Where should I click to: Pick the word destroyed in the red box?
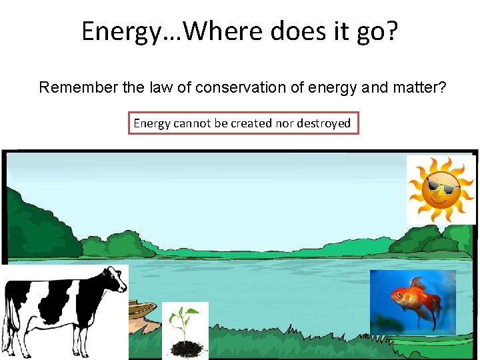coord(323,123)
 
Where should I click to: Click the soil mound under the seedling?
coord(185,348)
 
